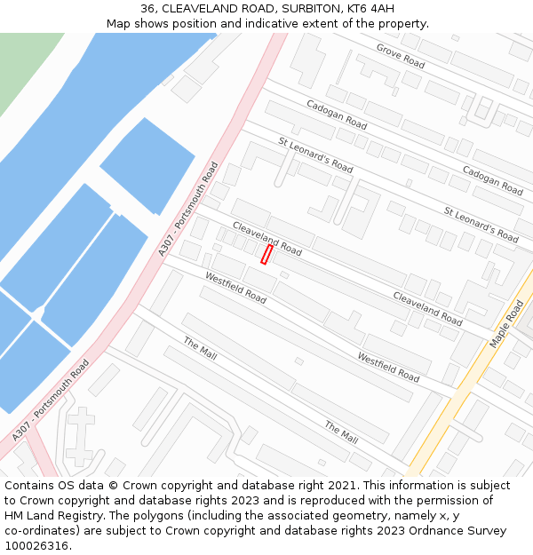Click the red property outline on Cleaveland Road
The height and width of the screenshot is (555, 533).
(266, 255)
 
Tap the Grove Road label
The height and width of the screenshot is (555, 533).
(401, 55)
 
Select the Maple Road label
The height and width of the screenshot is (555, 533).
(506, 324)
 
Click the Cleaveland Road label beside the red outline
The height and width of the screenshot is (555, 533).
(267, 239)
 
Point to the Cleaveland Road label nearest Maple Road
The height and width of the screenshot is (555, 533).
(427, 308)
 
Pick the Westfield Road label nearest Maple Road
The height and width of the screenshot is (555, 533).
(388, 368)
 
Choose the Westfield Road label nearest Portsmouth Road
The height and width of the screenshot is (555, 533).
(235, 288)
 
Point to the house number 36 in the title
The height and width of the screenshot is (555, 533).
(148, 9)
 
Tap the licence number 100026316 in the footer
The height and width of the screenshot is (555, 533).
(36, 546)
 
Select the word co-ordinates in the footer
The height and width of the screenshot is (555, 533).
(40, 531)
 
